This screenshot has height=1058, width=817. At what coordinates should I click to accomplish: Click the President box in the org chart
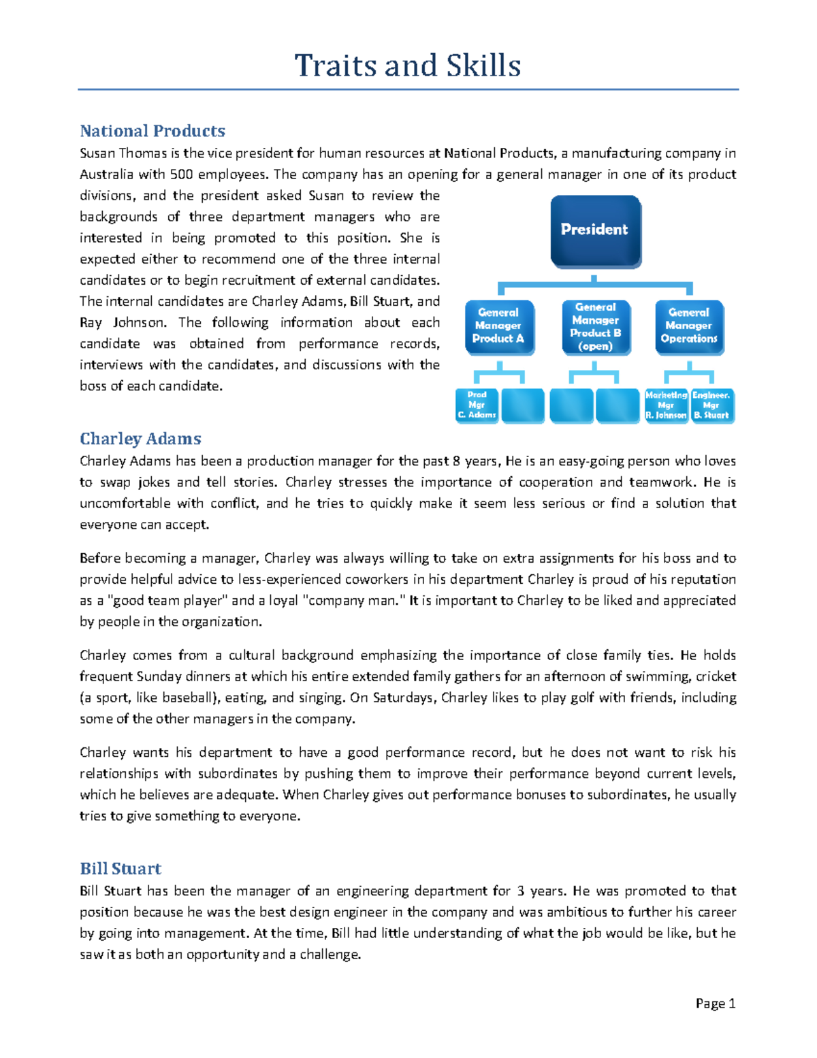pos(595,230)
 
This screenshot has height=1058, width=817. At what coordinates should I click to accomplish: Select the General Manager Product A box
pos(498,326)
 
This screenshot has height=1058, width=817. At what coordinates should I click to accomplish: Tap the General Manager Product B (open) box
pos(596,327)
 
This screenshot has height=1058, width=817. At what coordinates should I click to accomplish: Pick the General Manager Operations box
pos(688,326)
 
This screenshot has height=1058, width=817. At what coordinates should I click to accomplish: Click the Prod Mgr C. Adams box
pos(477,405)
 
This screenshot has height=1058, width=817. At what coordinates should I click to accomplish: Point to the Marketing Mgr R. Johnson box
pos(666,405)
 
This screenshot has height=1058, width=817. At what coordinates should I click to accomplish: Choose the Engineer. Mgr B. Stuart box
pos(711,405)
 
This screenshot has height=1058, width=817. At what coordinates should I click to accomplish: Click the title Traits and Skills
pos(408,66)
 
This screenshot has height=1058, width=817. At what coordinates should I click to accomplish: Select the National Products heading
pos(153,131)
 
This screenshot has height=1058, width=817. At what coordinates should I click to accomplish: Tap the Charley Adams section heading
pos(140,439)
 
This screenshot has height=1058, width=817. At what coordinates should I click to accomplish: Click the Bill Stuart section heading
pos(121,869)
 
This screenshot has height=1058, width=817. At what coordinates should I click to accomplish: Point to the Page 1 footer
pos(715,1003)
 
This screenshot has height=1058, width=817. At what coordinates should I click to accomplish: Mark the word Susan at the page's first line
pos(97,153)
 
